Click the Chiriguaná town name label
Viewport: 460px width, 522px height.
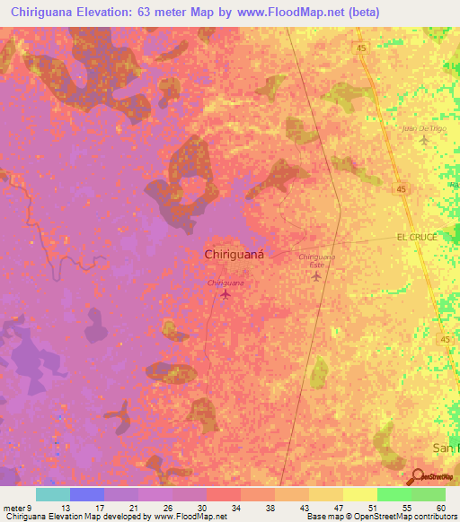coord(234,255)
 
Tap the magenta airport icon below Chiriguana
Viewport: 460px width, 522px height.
coord(226,294)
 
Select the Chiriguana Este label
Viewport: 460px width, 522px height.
coord(316,260)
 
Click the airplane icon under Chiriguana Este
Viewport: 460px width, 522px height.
coord(316,276)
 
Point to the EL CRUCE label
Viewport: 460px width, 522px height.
coord(416,237)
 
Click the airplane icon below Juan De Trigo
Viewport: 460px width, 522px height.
coord(424,141)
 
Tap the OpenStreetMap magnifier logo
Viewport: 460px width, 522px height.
coord(416,478)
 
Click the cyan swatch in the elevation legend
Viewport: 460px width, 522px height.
coord(52,494)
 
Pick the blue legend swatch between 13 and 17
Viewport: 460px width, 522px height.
coord(86,494)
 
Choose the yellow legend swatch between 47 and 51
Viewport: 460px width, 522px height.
coord(359,494)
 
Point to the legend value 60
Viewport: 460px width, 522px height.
coord(440,507)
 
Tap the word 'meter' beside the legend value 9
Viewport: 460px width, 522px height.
coord(12,507)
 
